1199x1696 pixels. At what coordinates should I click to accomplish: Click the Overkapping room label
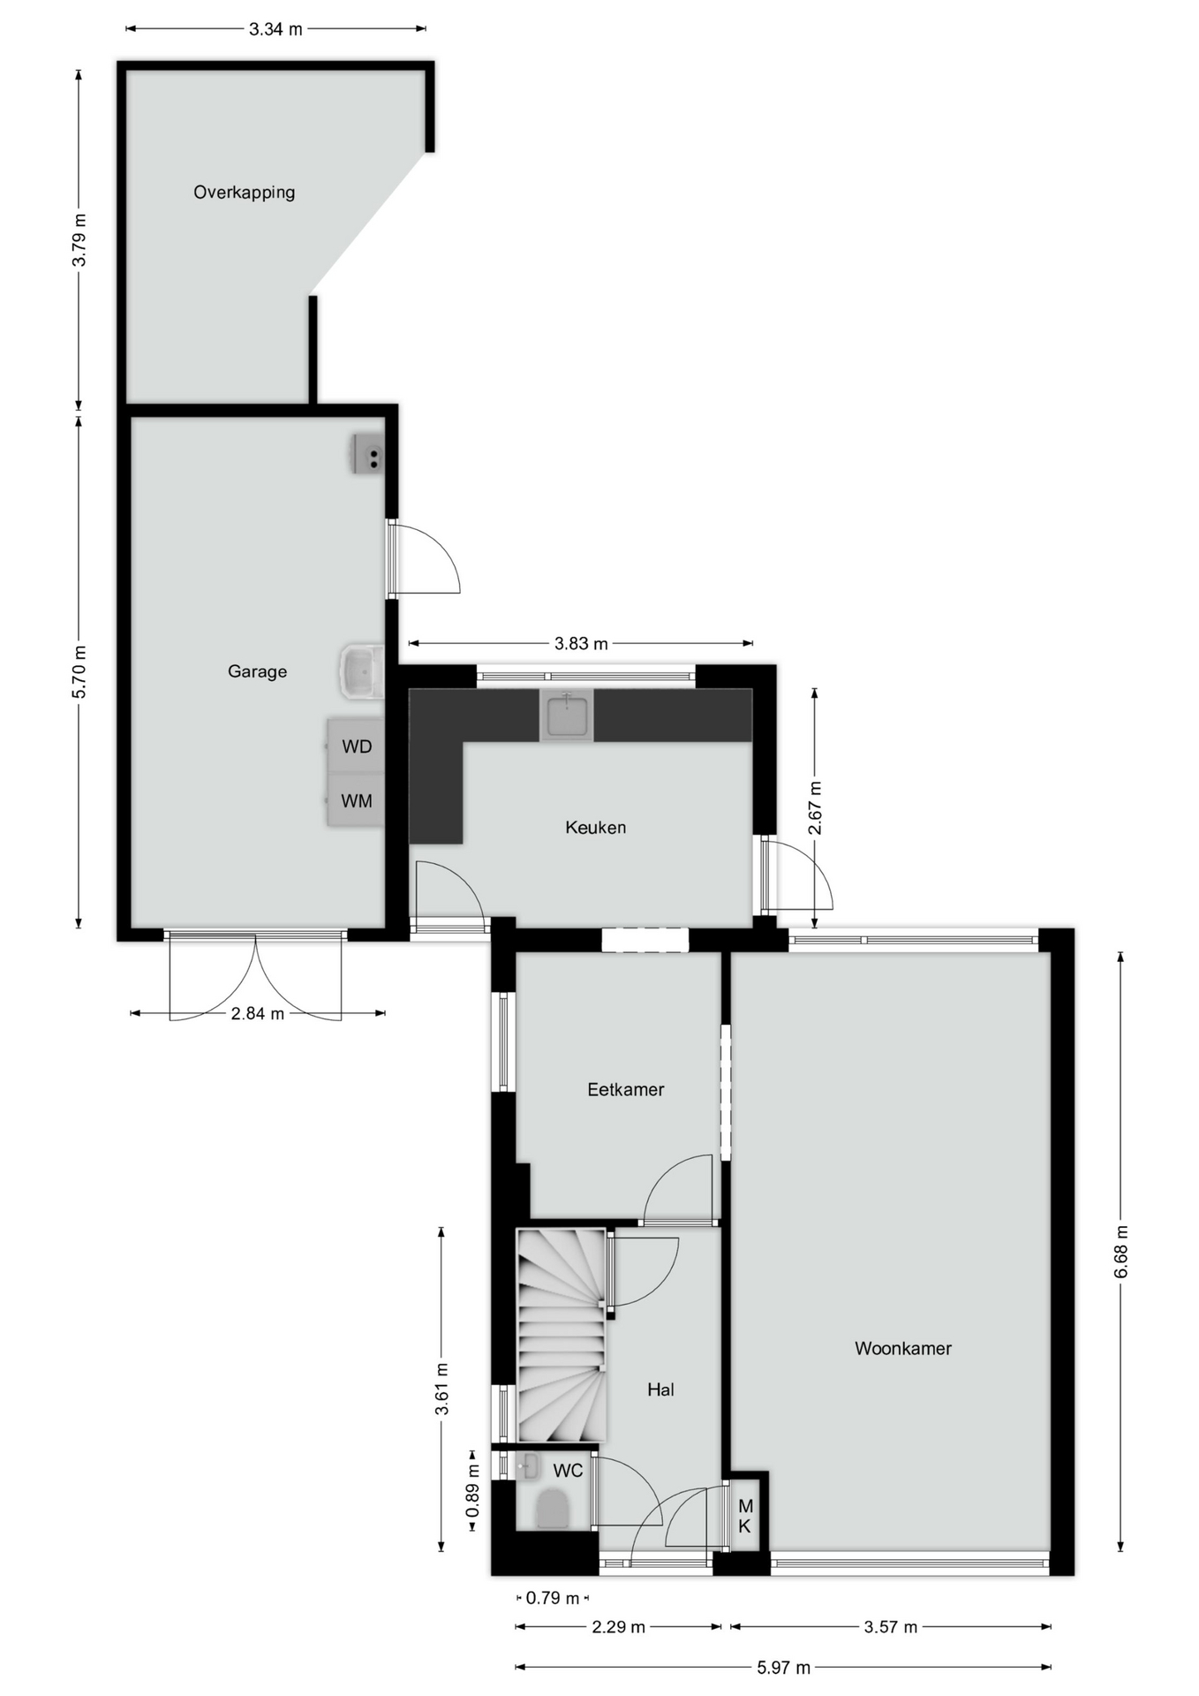pos(244,193)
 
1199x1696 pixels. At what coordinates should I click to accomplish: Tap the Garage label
pos(257,671)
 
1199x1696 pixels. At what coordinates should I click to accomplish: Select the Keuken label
pos(595,828)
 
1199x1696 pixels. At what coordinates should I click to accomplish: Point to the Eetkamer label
pos(625,1090)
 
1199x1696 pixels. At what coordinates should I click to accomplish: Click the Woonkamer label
pos(902,1349)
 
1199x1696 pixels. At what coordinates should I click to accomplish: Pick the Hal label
pos(660,1390)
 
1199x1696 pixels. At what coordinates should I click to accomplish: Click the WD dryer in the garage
pos(355,746)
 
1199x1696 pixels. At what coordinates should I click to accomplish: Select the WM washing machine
pos(355,801)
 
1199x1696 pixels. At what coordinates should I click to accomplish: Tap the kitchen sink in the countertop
pos(566,715)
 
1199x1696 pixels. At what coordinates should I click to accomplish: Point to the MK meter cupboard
pos(745,1516)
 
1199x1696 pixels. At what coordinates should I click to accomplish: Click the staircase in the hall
pos(562,1336)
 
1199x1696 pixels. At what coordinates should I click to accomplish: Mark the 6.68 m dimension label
pos(1120,1252)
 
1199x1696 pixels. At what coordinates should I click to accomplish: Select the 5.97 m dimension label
pos(783,1668)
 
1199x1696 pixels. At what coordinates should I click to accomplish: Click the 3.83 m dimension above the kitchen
pos(581,643)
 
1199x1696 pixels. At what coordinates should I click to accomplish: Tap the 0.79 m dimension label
pos(553,1598)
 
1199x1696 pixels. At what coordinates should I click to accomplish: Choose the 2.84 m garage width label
pos(257,1013)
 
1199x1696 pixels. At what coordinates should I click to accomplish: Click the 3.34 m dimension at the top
pos(275,29)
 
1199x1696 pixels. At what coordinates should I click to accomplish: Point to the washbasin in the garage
pos(361,671)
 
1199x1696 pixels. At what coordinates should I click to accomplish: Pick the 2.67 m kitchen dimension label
pos(815,807)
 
